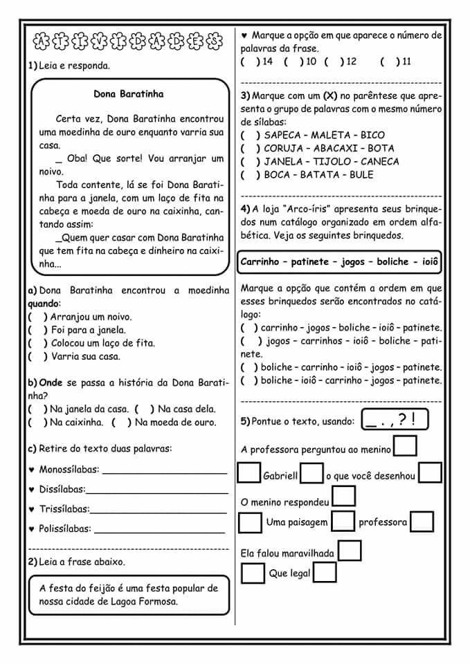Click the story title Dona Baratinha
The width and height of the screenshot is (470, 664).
(129, 94)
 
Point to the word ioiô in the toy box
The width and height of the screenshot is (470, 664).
(430, 262)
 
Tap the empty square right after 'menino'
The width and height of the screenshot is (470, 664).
(405, 447)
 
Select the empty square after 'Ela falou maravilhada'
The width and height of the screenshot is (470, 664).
(350, 551)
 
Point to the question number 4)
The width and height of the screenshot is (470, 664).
(246, 209)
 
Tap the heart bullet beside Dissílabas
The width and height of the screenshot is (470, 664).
(32, 490)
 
